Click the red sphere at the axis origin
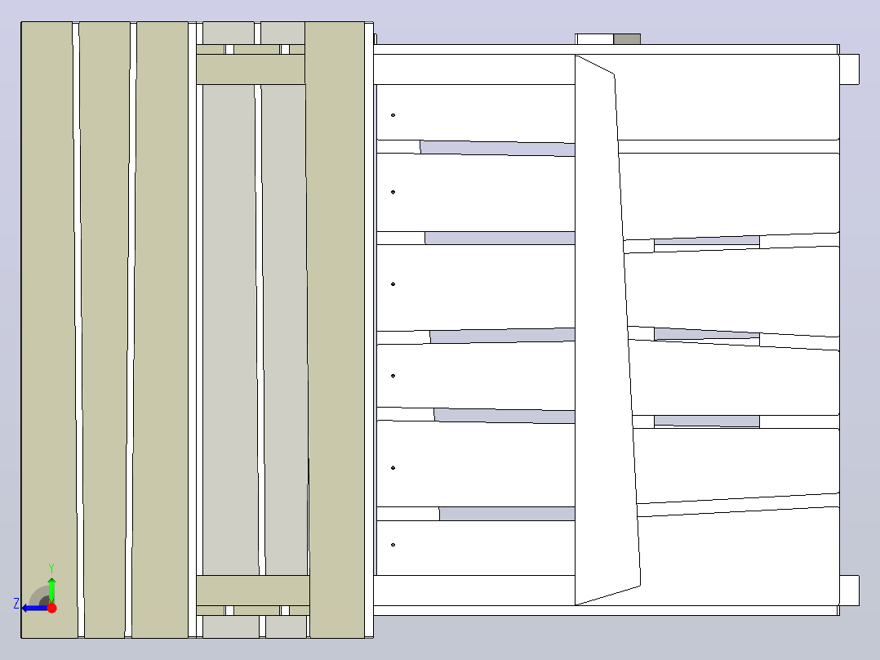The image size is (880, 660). tap(51, 608)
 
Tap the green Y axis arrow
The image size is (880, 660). tap(51, 590)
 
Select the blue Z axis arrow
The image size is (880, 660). tap(35, 608)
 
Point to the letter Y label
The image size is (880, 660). tap(51, 569)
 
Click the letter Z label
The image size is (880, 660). tap(16, 604)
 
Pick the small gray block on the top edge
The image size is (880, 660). tap(627, 39)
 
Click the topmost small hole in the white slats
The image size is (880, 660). tap(393, 115)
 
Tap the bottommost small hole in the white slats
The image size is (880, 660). tap(393, 545)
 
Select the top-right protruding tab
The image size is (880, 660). tap(850, 69)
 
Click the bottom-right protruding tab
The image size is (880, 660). tap(850, 591)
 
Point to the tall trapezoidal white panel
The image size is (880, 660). tap(607, 330)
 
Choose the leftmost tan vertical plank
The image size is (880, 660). tap(49, 330)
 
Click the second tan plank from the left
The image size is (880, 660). tap(104, 330)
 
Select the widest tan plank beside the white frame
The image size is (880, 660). tap(336, 330)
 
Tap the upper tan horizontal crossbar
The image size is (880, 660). tap(251, 69)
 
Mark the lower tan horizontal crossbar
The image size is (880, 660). tap(252, 591)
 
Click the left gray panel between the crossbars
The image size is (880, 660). tap(230, 330)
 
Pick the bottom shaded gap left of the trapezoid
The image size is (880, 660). tap(508, 514)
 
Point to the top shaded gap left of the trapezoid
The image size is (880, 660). tap(498, 149)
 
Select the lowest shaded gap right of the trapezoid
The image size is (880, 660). tap(707, 421)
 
